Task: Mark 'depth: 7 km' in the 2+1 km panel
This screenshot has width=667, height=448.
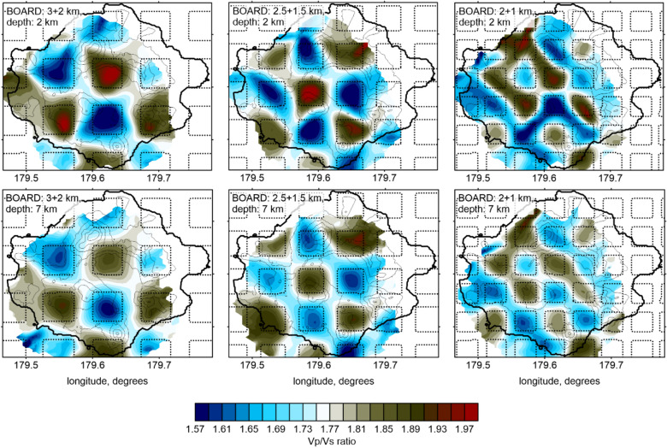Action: click(x=481, y=210)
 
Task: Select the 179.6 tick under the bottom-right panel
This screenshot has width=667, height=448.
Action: click(x=541, y=364)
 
